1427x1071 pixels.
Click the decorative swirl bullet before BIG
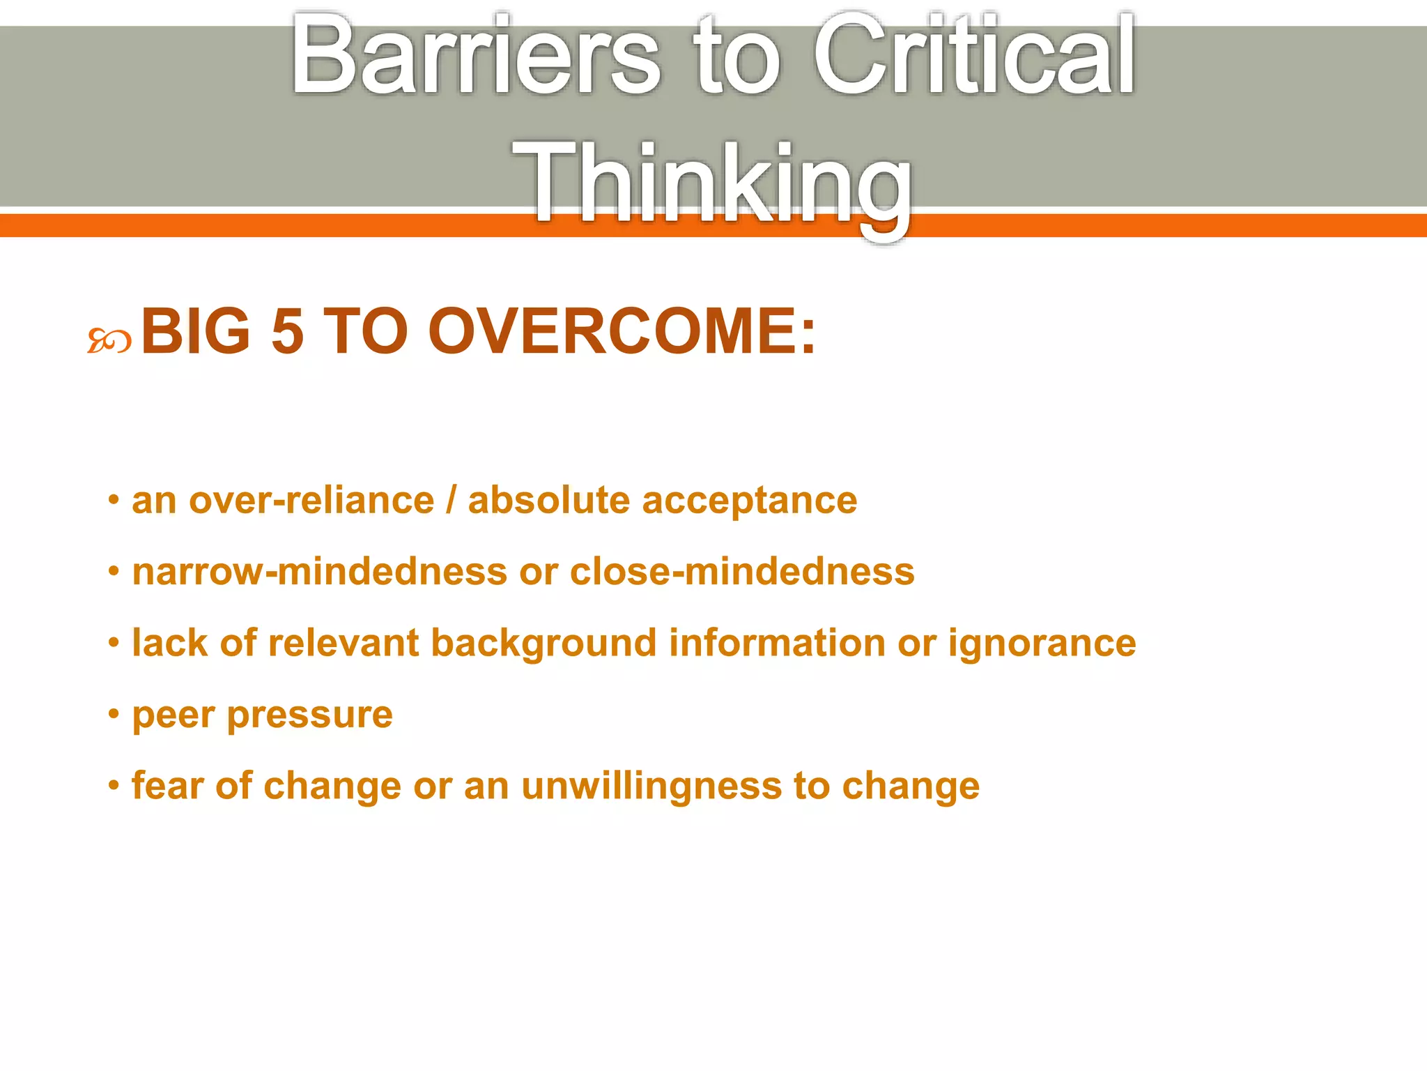(109, 342)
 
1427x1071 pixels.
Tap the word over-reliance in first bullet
(311, 501)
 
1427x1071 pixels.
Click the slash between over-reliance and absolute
(452, 501)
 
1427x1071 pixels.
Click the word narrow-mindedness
(320, 572)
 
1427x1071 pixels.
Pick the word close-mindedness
(742, 572)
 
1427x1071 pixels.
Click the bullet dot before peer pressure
(114, 714)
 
